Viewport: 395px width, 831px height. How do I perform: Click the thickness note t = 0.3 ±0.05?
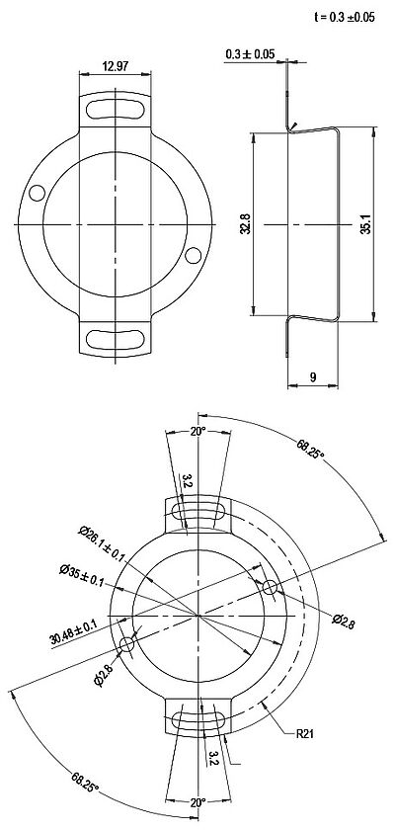click(345, 17)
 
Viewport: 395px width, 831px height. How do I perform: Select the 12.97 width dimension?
click(116, 66)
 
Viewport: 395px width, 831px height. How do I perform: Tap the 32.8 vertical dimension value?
click(245, 224)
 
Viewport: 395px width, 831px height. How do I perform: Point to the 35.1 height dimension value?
click(364, 225)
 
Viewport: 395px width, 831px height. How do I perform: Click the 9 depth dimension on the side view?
click(313, 375)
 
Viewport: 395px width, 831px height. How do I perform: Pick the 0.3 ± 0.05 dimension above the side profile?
click(250, 53)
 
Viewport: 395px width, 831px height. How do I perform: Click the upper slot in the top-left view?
click(116, 108)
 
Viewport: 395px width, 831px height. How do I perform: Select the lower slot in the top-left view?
click(116, 339)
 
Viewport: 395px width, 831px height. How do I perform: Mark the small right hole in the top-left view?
click(194, 257)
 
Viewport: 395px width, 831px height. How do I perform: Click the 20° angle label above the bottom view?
click(197, 432)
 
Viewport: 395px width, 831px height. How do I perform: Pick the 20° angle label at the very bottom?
click(197, 803)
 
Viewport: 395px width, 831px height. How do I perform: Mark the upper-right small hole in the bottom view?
click(271, 587)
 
